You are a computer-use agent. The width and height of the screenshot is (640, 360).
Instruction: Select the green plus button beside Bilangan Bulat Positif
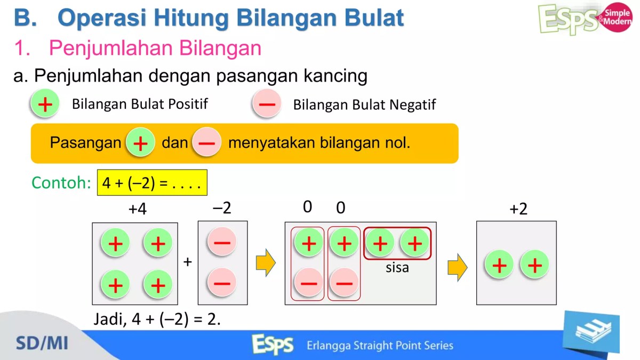[45, 104]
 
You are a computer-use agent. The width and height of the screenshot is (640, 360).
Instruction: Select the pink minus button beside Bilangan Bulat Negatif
[267, 104]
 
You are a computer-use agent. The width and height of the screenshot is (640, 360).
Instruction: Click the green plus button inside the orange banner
[140, 143]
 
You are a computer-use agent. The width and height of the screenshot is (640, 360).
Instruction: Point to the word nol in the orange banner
[398, 143]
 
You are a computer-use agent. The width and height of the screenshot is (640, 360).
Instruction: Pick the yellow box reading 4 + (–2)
[152, 183]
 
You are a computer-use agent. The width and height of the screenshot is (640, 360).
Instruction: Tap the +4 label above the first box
[137, 209]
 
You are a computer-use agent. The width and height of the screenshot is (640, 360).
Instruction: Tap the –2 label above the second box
[222, 208]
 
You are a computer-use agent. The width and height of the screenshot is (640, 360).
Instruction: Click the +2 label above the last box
[518, 209]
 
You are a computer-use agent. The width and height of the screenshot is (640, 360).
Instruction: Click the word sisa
[397, 268]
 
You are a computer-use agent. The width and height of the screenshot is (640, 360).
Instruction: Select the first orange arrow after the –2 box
[266, 263]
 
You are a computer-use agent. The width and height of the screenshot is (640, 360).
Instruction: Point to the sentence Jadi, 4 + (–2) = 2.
[157, 319]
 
